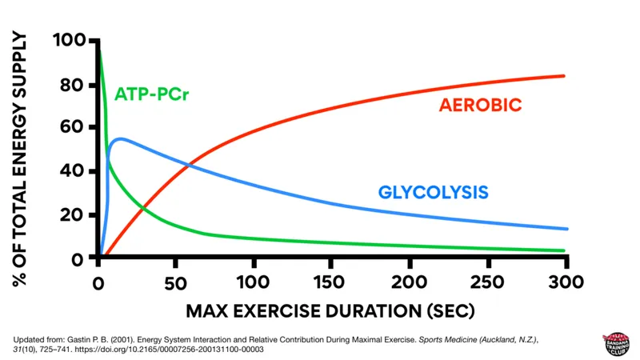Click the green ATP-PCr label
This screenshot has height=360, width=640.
click(x=156, y=94)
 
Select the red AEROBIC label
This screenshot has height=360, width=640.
click(x=480, y=106)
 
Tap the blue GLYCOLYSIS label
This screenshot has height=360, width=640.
click(x=433, y=193)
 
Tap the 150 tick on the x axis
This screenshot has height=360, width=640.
click(x=331, y=282)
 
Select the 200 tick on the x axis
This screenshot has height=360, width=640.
click(x=409, y=282)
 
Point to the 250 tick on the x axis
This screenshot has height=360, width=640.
click(x=487, y=282)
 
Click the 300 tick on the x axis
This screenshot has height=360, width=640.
click(x=566, y=282)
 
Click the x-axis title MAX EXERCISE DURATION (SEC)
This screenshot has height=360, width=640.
click(x=330, y=310)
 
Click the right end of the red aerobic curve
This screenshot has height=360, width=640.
click(x=564, y=76)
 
